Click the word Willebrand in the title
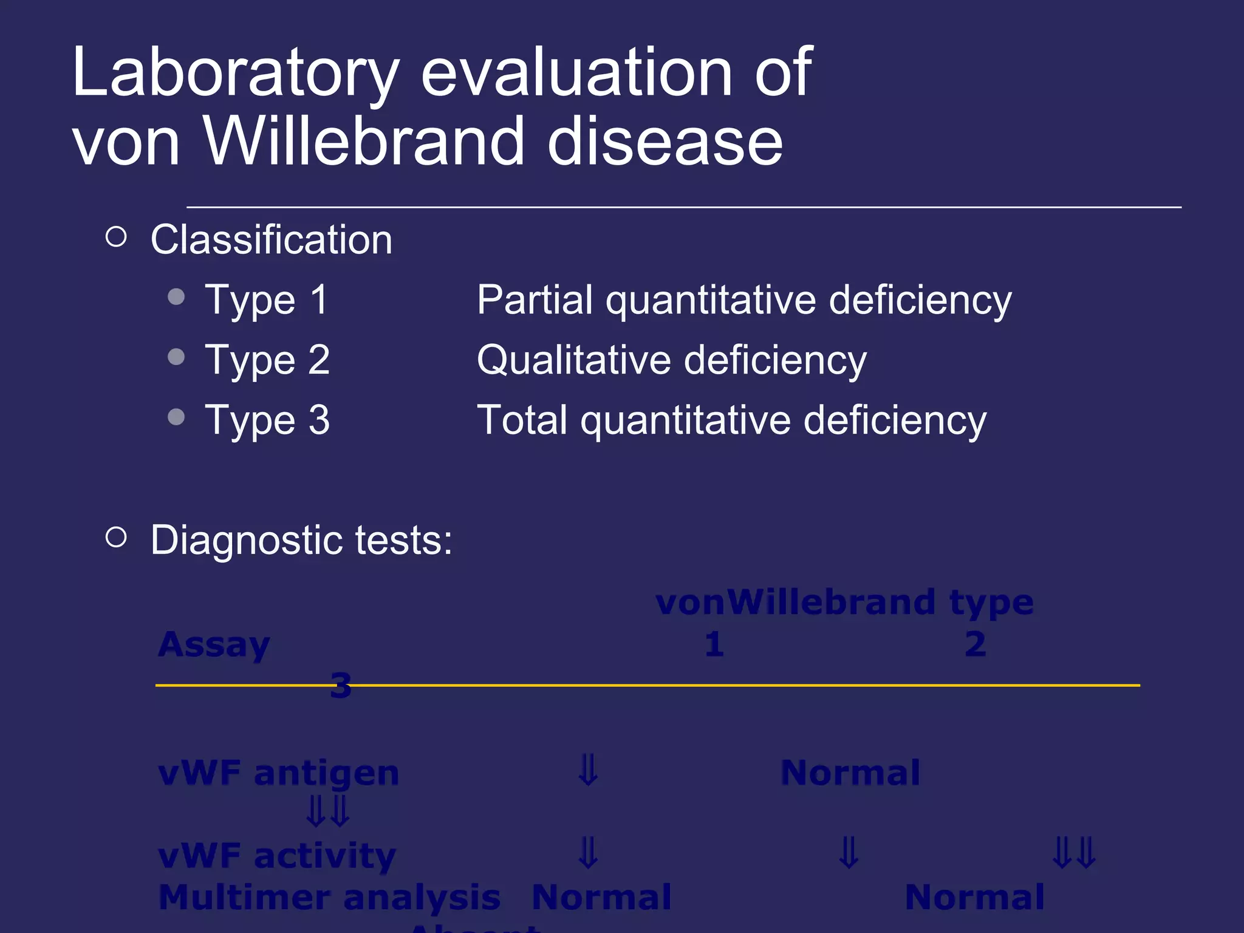363,142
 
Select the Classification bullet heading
271,240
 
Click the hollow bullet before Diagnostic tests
116,537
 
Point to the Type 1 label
267,300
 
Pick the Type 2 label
267,360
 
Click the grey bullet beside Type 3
176,417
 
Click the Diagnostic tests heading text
301,540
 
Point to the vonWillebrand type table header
844,603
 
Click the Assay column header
214,644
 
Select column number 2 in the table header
975,644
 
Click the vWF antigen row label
278,773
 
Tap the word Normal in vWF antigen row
850,773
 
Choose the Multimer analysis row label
329,897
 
